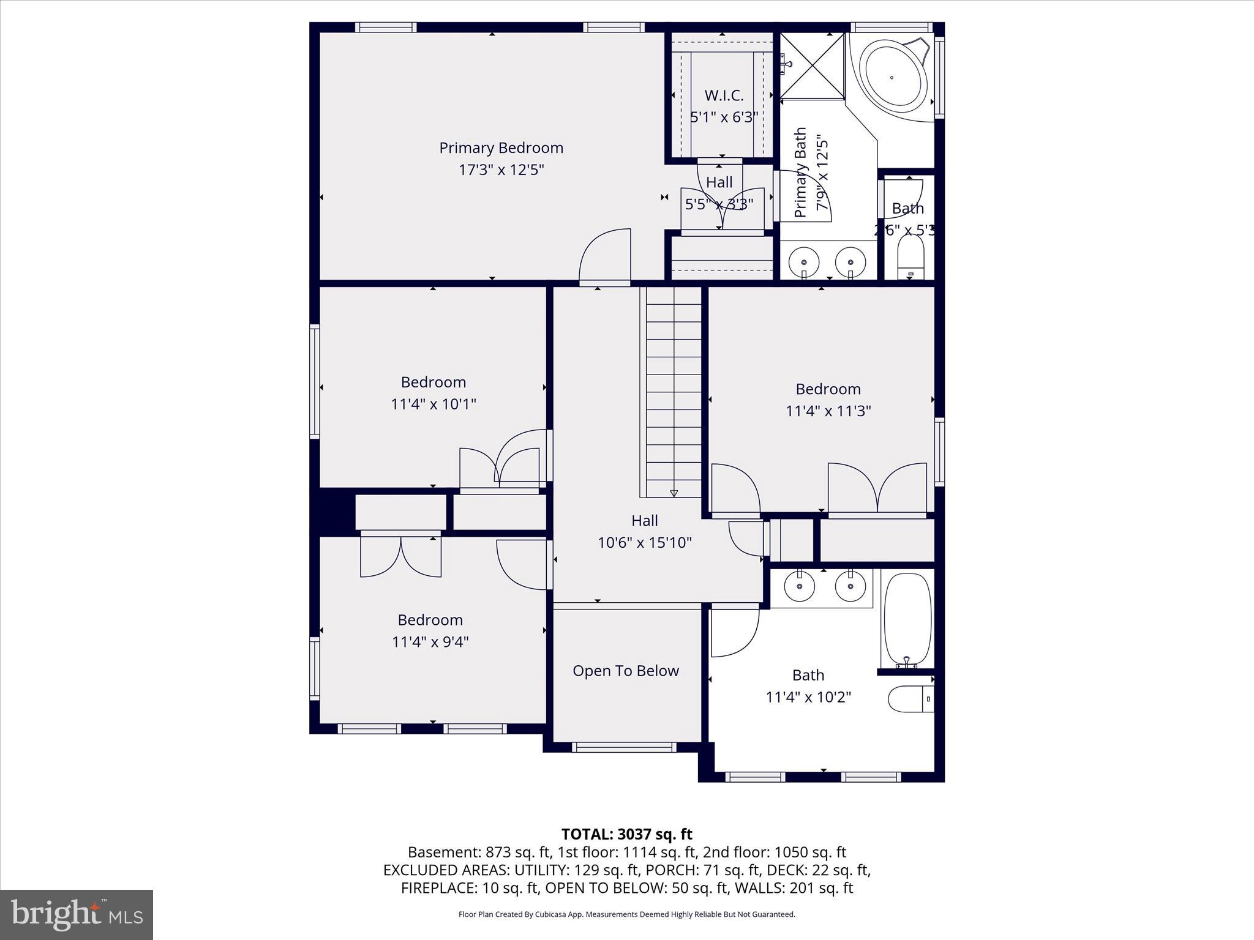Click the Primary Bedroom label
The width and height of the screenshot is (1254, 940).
pos(501,148)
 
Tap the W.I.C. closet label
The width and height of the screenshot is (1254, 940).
pos(724,95)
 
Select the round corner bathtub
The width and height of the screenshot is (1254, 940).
pos(892,78)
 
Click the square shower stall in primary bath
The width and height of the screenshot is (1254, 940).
pos(813,65)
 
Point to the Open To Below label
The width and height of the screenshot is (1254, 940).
pos(625,671)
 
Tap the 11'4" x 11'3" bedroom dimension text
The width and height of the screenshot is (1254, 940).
pos(828,411)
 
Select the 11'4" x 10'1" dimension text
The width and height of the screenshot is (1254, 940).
pos(433,404)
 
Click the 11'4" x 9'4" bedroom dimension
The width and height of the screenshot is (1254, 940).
pos(430,641)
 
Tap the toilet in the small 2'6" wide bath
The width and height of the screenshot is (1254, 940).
pos(910,257)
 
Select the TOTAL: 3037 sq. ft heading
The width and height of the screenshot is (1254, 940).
pos(626,834)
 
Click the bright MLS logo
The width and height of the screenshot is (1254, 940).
pos(77,914)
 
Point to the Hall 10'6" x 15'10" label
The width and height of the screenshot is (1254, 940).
pos(644,531)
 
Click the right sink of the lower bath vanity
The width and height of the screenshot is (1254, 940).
pos(850,587)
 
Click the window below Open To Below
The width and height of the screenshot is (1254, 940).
pos(624,747)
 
